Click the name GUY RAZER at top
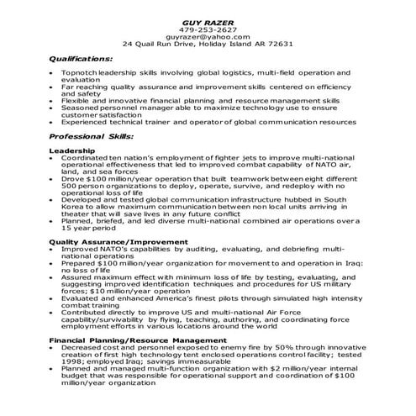[208, 20]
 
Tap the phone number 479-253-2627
[208, 29]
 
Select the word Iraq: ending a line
[361, 262]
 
